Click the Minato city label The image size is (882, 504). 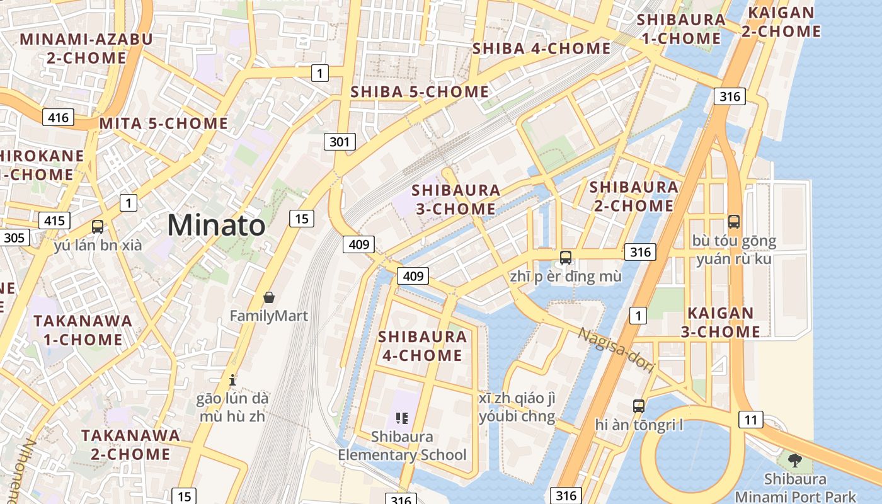(216, 225)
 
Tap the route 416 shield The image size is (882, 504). (59, 117)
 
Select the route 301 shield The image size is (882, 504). (340, 142)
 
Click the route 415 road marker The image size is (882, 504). (54, 220)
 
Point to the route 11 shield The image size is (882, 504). (750, 420)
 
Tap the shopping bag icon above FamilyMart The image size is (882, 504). (269, 297)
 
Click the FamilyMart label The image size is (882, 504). (269, 315)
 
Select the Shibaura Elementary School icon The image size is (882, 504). (402, 418)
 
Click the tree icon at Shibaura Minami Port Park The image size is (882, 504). (795, 459)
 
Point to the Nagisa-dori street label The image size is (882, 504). (617, 350)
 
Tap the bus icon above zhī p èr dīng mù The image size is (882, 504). (566, 257)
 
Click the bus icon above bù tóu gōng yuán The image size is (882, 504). (734, 221)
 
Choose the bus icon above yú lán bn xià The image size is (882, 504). (98, 227)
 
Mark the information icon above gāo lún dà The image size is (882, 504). (232, 379)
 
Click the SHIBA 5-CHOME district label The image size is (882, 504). (420, 92)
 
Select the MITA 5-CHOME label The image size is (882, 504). (164, 123)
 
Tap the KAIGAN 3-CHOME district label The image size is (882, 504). (720, 322)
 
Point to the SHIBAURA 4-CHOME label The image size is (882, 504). (423, 346)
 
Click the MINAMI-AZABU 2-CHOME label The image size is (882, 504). (86, 49)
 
